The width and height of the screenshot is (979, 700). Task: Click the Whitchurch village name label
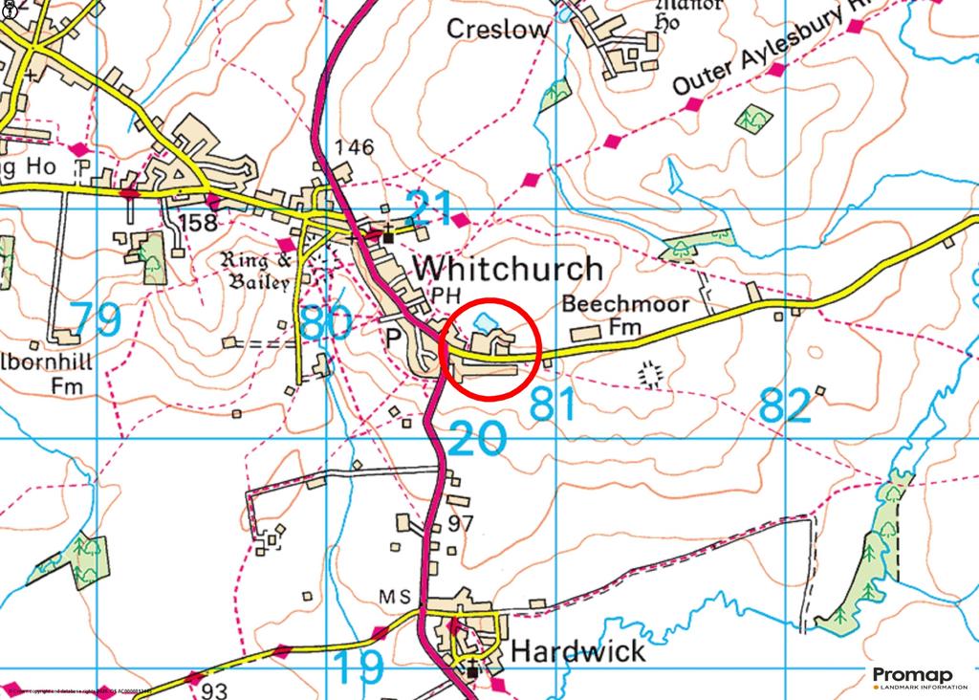pyautogui.click(x=508, y=269)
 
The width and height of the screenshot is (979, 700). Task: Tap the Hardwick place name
pyautogui.click(x=577, y=652)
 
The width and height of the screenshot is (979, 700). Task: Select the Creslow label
pyautogui.click(x=499, y=29)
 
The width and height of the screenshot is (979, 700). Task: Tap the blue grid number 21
pyautogui.click(x=430, y=208)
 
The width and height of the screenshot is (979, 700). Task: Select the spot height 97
pyautogui.click(x=461, y=525)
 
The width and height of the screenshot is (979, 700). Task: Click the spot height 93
pyautogui.click(x=214, y=690)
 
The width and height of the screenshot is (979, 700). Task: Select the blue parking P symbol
pyautogui.click(x=391, y=339)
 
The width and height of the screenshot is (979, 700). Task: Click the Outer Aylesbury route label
pyautogui.click(x=761, y=55)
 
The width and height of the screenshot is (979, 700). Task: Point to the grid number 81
pyautogui.click(x=554, y=406)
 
